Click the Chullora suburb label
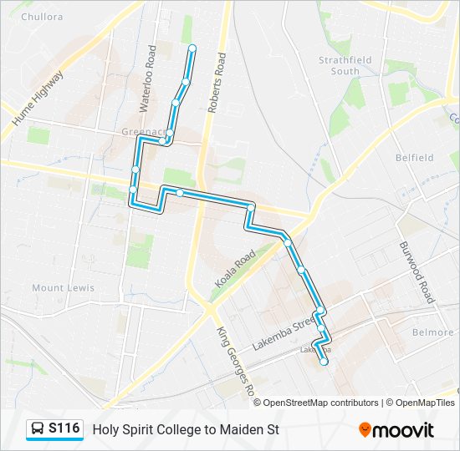[42, 17]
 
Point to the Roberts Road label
[217, 84]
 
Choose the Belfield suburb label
[415, 157]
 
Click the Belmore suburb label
[433, 332]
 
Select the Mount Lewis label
[63, 288]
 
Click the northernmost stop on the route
[192, 48]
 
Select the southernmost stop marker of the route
[324, 362]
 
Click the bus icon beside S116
[38, 429]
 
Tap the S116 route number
[64, 429]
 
